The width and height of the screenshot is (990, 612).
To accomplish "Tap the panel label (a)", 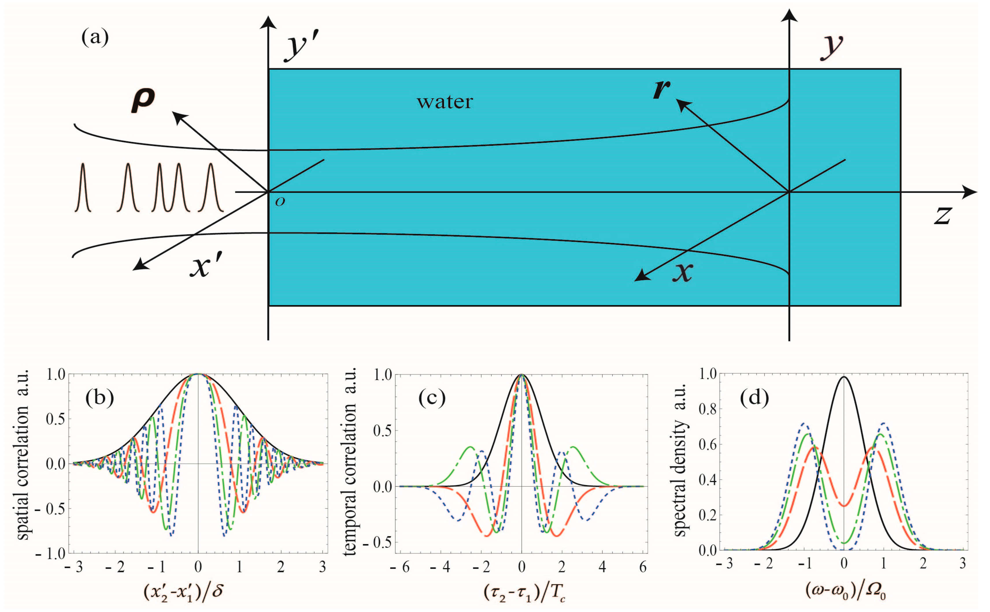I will (95, 38).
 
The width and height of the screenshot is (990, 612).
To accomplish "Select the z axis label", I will (942, 215).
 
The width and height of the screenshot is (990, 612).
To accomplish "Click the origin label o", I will (280, 202).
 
